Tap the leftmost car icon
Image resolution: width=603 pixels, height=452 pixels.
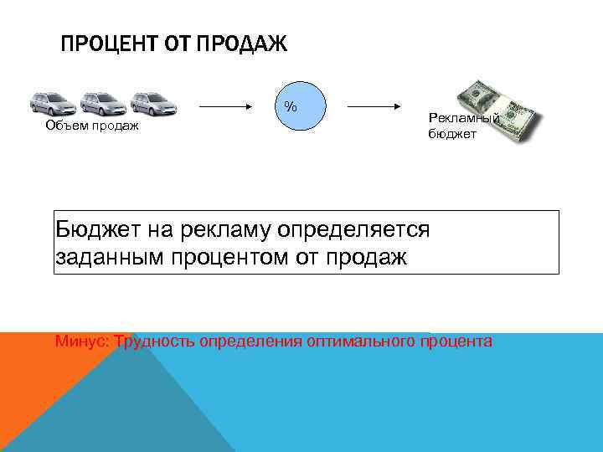[52, 104]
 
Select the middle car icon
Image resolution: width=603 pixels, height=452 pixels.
[102, 104]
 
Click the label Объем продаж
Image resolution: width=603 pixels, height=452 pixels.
[91, 126]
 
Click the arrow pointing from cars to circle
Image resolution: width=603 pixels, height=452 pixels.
[226, 107]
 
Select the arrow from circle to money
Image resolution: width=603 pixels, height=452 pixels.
[373, 107]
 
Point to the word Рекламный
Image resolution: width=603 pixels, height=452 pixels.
[463, 119]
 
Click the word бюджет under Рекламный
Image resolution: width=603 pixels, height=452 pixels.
[452, 133]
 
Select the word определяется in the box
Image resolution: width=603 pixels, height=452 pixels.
[359, 229]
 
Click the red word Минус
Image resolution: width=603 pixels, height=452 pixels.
[81, 342]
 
